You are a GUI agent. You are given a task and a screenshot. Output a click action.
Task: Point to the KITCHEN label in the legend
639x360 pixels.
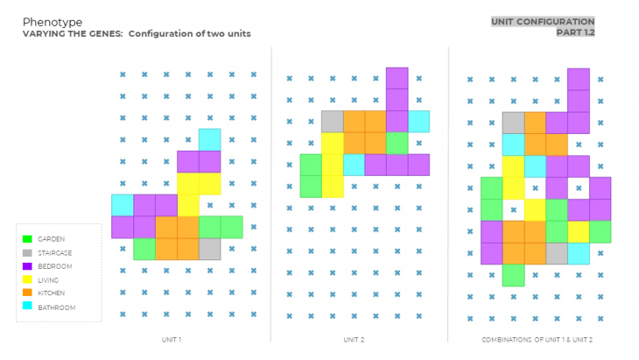click(x=53, y=293)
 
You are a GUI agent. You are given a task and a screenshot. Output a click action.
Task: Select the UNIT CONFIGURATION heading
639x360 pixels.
click(x=543, y=22)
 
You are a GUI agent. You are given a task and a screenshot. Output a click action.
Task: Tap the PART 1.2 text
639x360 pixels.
click(x=575, y=33)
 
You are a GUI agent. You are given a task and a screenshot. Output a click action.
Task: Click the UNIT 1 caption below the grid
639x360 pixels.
click(x=171, y=338)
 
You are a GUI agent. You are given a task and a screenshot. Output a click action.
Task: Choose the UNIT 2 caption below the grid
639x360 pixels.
click(x=353, y=338)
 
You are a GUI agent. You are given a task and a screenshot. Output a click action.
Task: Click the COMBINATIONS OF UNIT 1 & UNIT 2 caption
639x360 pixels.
click(x=537, y=338)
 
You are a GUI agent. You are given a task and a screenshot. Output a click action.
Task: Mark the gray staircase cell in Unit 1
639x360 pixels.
click(x=209, y=249)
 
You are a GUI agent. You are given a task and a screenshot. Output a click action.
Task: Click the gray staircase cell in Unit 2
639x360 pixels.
click(x=332, y=121)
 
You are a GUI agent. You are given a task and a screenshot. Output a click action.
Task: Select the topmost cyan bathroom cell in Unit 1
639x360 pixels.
click(x=209, y=139)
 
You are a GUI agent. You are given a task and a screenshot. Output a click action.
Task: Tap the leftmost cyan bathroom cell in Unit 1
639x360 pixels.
click(x=122, y=205)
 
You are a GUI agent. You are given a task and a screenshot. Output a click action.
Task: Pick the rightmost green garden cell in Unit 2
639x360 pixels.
click(x=397, y=143)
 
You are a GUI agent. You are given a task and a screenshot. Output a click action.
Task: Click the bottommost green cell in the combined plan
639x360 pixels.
click(x=513, y=275)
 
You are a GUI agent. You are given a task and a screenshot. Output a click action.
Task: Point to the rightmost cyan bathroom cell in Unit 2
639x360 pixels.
click(x=418, y=121)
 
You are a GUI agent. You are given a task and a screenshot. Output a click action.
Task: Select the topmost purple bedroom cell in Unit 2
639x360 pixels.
click(x=397, y=77)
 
